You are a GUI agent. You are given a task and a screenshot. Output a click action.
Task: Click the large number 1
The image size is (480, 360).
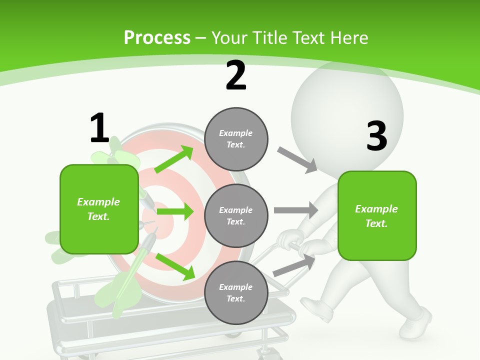pos(99,128)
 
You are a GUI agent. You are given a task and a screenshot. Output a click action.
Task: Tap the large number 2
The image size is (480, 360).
pos(236,75)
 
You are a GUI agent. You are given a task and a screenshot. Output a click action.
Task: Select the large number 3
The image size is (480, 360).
pos(376,136)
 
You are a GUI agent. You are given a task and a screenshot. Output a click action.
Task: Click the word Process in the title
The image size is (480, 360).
pos(157,37)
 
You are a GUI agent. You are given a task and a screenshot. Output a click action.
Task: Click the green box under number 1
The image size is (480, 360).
pos(99,209)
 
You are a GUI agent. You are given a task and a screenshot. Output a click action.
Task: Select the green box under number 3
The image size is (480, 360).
pos(377,216)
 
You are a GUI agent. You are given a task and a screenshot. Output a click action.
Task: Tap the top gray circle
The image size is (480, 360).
pos(236,139)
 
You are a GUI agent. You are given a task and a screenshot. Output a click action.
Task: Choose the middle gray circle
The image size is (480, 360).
pos(236,216)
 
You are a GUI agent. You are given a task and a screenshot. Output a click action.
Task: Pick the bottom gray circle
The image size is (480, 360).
pos(236,293)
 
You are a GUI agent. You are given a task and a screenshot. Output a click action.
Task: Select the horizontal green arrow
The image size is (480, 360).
pos(175,211)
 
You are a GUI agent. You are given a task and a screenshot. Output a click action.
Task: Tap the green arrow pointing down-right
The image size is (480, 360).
pos(175,266)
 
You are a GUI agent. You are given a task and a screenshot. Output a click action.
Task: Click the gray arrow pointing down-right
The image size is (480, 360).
pos(297,159)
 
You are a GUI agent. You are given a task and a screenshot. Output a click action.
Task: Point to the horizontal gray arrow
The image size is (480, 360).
pos(296,210)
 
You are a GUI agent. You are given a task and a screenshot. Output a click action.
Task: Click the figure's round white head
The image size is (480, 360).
pos(347,115)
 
